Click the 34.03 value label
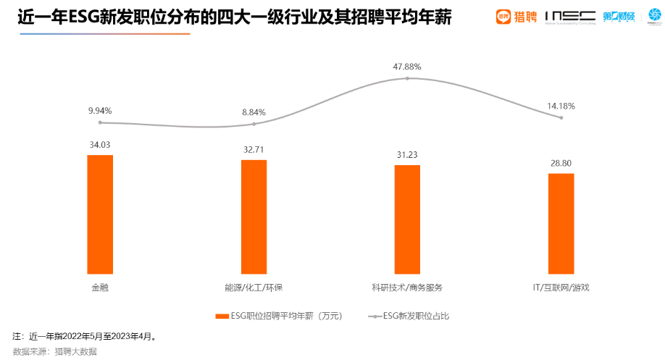(100, 145)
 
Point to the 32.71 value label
(254, 150)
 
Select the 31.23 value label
(407, 155)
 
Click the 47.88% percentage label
(407, 67)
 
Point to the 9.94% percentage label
(100, 111)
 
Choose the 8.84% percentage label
(254, 112)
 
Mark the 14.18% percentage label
(561, 106)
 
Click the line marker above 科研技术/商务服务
(407, 78)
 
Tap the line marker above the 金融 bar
(100, 122)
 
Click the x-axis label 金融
(100, 288)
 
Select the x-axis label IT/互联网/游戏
(561, 288)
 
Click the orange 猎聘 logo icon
(504, 16)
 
